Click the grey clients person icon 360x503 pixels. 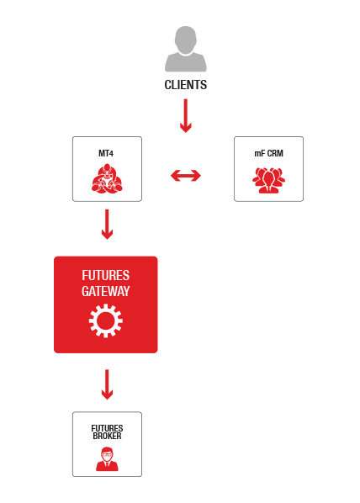click(x=185, y=49)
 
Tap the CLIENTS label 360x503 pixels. click(x=185, y=85)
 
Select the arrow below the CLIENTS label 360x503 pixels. click(x=185, y=115)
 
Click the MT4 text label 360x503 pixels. click(x=106, y=153)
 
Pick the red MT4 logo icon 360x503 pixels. click(x=107, y=178)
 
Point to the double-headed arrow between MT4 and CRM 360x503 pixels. click(x=186, y=176)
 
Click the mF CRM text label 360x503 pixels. click(x=268, y=153)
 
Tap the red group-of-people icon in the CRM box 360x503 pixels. click(x=268, y=180)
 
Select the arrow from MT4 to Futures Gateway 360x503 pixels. click(x=107, y=225)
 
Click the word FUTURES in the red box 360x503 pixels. click(x=106, y=275)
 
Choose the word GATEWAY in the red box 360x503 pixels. click(x=106, y=291)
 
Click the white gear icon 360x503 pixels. click(x=106, y=320)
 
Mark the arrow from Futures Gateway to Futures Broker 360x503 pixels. click(x=107, y=384)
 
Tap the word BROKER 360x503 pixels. click(x=107, y=436)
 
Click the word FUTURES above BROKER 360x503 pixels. click(x=107, y=428)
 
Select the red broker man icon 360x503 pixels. click(x=107, y=459)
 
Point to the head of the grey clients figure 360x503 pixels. click(x=185, y=40)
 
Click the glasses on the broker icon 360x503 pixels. click(x=107, y=454)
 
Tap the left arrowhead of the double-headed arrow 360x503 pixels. click(x=176, y=176)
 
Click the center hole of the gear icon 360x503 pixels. click(x=106, y=320)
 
